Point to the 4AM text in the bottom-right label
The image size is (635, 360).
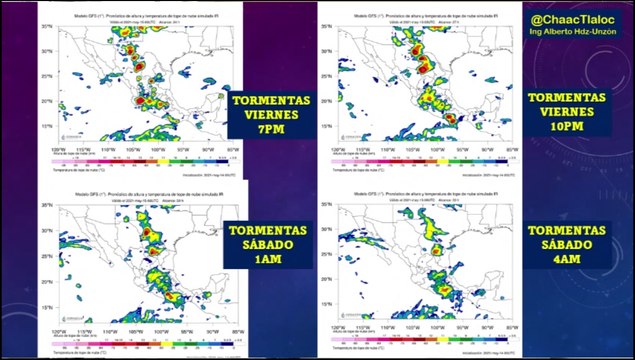567,260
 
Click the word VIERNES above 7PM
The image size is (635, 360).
271,114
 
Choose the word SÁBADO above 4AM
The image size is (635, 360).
567,244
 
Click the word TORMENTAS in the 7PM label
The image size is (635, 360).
271,99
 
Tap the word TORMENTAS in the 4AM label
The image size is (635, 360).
567,229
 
